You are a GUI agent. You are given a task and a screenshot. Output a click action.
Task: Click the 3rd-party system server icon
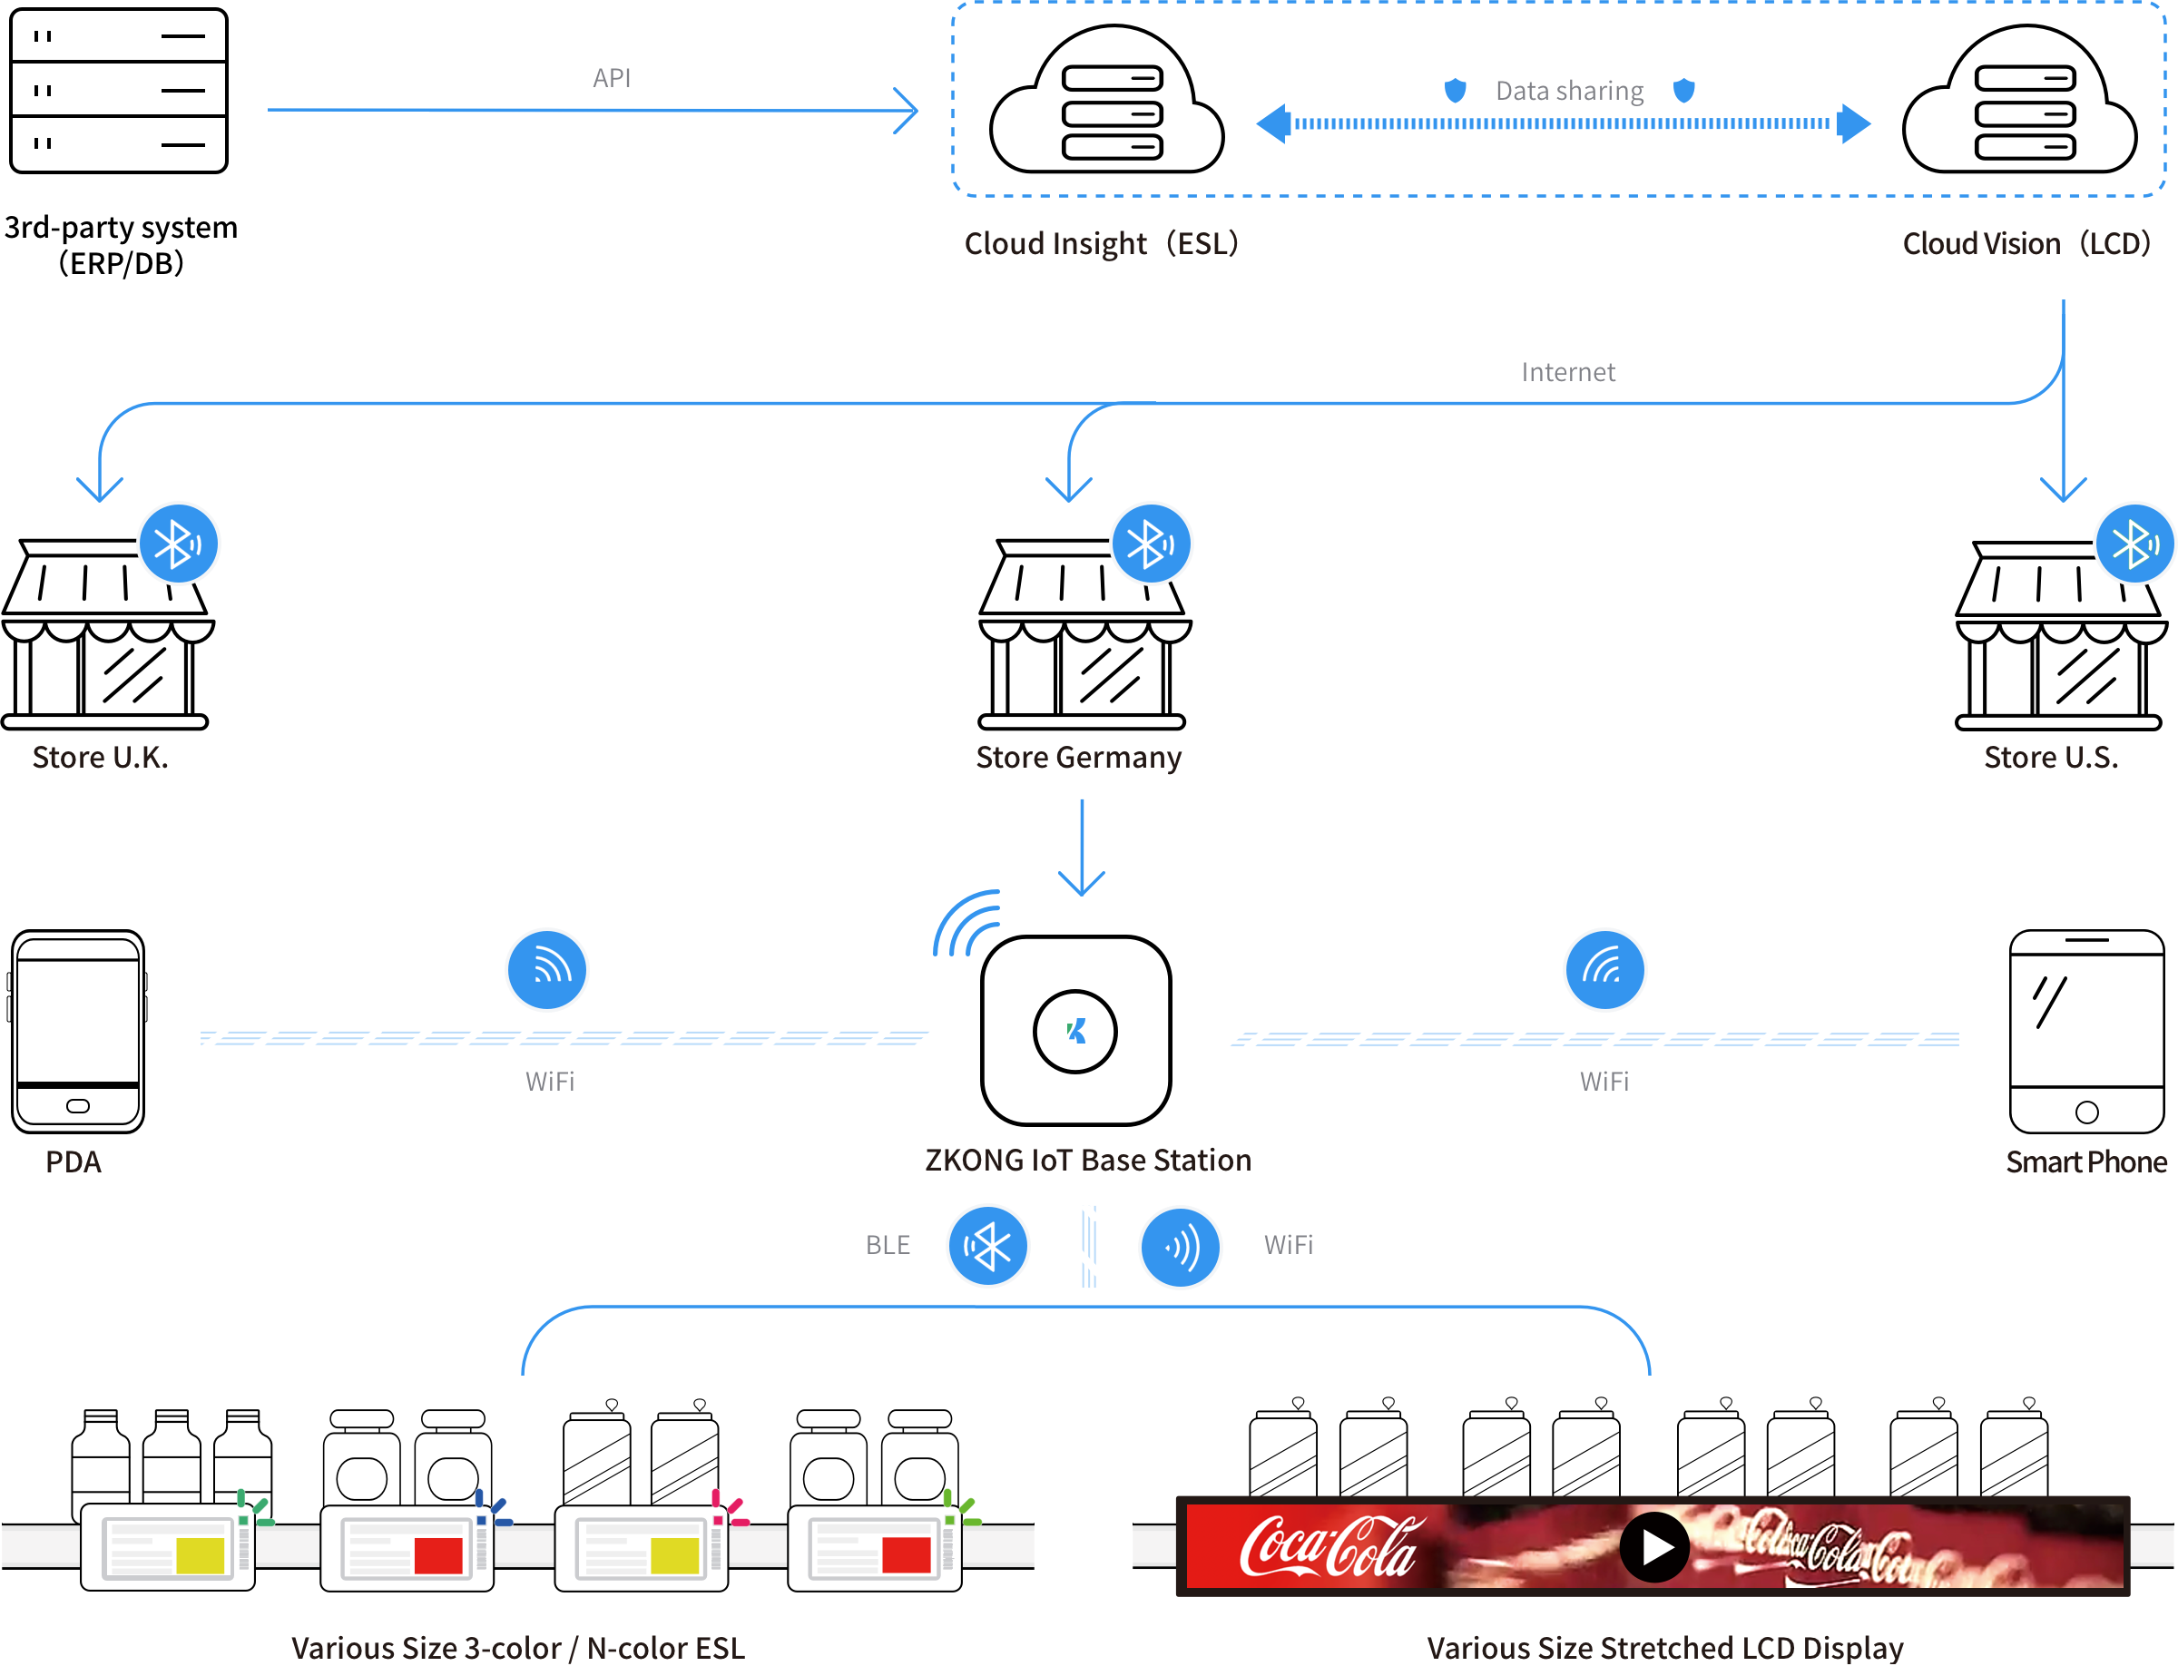pyautogui.click(x=118, y=90)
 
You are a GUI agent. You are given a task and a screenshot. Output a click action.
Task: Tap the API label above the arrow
pyautogui.click(x=611, y=78)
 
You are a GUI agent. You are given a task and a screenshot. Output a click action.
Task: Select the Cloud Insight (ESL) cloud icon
pyautogui.click(x=1107, y=103)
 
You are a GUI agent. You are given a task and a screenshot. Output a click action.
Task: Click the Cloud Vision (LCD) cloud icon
pyautogui.click(x=2019, y=103)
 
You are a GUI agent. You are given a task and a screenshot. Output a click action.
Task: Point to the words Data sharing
pyautogui.click(x=1569, y=92)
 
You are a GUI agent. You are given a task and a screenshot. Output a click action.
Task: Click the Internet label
pyautogui.click(x=1567, y=372)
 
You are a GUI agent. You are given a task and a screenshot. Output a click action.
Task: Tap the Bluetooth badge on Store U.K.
pyautogui.click(x=179, y=544)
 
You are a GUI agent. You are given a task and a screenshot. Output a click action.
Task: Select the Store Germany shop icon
pyautogui.click(x=1083, y=634)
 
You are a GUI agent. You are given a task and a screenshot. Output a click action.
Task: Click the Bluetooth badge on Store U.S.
pyautogui.click(x=2134, y=544)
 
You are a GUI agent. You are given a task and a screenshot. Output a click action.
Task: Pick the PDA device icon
pyautogui.click(x=77, y=1032)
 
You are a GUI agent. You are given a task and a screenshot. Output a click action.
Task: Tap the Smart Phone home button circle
pyautogui.click(x=2085, y=1112)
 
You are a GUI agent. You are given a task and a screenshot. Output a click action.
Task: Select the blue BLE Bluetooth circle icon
pyautogui.click(x=988, y=1246)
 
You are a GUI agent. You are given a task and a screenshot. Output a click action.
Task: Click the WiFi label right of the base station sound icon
pyautogui.click(x=1288, y=1246)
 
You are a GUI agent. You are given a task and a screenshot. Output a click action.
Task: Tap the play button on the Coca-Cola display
pyautogui.click(x=1653, y=1547)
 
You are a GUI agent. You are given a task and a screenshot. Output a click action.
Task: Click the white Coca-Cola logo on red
pyautogui.click(x=1329, y=1547)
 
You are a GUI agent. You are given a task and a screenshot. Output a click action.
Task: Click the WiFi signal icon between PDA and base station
pyautogui.click(x=546, y=970)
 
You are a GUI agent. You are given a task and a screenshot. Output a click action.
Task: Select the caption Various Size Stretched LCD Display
pyautogui.click(x=1664, y=1647)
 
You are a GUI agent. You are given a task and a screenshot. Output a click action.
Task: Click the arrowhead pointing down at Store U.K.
pyautogui.click(x=100, y=490)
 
